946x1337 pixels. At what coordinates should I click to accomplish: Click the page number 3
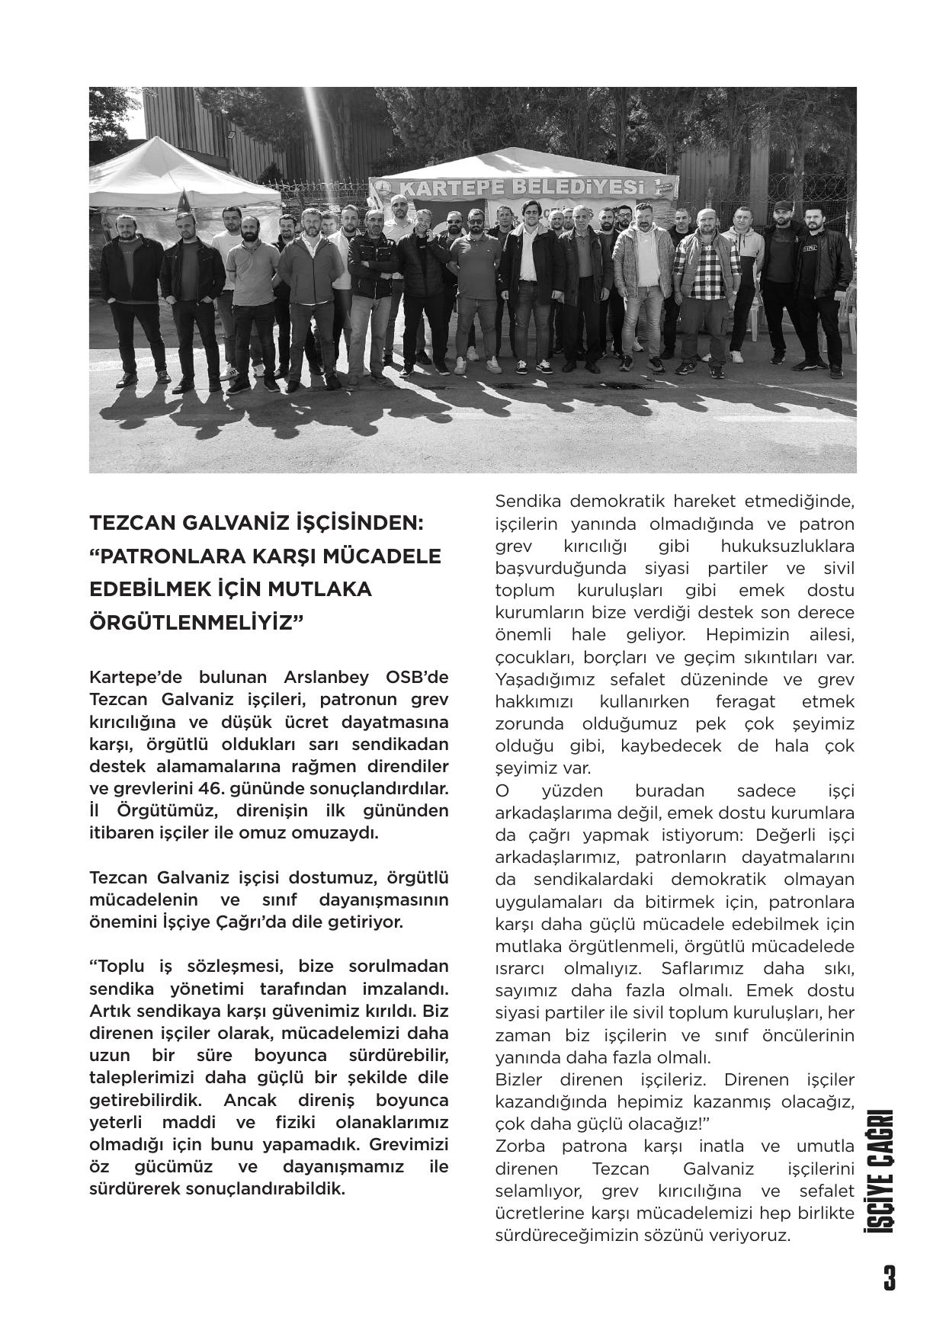[x=889, y=1278]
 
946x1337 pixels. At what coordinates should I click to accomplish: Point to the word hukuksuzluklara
[x=787, y=546]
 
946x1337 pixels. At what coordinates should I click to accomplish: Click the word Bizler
[x=518, y=1079]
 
